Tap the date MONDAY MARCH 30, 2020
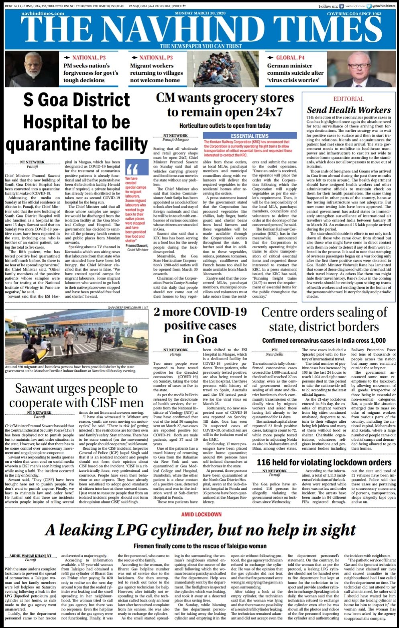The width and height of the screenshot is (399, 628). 200,14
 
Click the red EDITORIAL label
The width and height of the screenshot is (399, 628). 348,99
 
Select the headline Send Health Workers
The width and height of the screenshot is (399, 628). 348,110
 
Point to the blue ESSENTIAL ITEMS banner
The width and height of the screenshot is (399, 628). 249,136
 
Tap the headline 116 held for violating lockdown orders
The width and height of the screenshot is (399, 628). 324,462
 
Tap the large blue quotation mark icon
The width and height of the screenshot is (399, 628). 132,168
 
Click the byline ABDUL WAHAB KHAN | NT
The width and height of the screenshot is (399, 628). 31,556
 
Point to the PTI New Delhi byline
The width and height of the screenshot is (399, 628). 275,352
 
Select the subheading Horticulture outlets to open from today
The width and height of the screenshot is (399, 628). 225,126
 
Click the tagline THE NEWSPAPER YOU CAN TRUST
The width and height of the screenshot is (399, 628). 201,46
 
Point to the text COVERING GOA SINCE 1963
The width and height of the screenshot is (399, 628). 354,14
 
